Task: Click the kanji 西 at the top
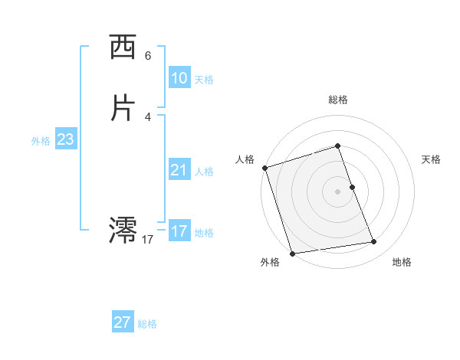click(x=123, y=48)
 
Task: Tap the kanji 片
click(x=123, y=108)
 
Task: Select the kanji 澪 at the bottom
click(x=123, y=228)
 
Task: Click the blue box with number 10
click(x=179, y=78)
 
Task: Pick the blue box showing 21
click(x=179, y=170)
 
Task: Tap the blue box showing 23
click(x=65, y=139)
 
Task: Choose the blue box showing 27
click(x=122, y=322)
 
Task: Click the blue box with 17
click(x=179, y=231)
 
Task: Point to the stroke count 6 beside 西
click(x=148, y=56)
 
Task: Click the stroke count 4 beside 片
click(x=148, y=116)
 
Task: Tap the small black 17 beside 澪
click(x=148, y=240)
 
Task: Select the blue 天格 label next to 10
click(x=204, y=80)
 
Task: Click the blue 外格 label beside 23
click(x=41, y=141)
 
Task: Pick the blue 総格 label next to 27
click(x=147, y=324)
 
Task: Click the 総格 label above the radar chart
click(x=338, y=100)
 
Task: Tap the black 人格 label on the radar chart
click(x=245, y=159)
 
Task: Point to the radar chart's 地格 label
click(x=402, y=262)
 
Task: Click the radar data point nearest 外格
click(x=291, y=253)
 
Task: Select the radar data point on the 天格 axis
click(x=352, y=187)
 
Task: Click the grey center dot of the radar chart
click(x=338, y=191)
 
